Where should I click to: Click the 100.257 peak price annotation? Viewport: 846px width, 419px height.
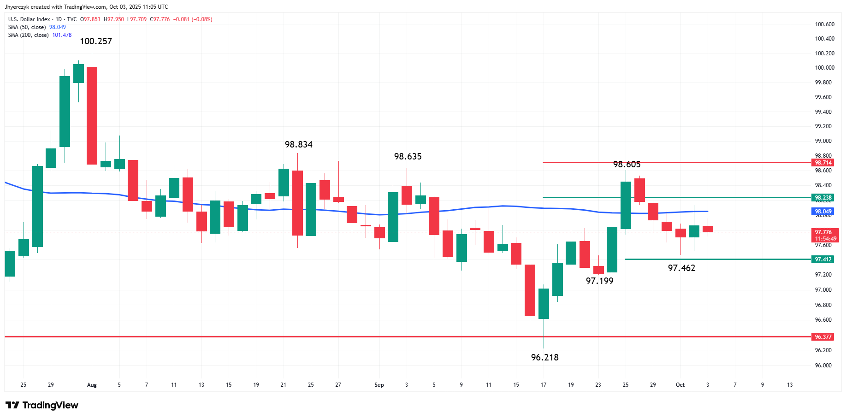tap(96, 41)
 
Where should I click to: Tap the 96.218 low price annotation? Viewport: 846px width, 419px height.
tap(544, 358)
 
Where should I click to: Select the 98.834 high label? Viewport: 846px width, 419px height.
tap(298, 145)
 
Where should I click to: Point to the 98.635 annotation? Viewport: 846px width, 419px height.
tap(408, 157)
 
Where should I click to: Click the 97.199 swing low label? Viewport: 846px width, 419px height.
tap(599, 281)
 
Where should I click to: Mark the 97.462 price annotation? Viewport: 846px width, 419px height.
tap(681, 268)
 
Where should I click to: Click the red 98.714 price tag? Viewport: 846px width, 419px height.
tap(823, 163)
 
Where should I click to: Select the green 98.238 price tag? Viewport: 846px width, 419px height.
tap(823, 198)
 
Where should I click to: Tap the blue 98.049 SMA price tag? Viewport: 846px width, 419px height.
tap(823, 212)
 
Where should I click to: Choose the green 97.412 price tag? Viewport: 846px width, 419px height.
tap(823, 260)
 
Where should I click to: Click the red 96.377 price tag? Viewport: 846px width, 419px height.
tap(823, 337)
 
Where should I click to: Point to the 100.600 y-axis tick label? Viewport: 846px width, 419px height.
tap(824, 24)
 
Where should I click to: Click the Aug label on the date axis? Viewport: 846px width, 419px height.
tap(92, 385)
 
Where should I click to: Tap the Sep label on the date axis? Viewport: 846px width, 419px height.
tap(379, 385)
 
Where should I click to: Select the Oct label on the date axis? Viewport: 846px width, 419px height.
tap(680, 385)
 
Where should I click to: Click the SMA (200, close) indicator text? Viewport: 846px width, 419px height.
tap(28, 35)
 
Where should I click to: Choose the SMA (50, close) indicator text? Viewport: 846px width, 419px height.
tap(27, 27)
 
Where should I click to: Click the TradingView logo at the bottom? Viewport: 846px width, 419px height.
tap(42, 405)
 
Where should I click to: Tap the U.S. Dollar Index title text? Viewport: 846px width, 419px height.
tap(29, 19)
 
